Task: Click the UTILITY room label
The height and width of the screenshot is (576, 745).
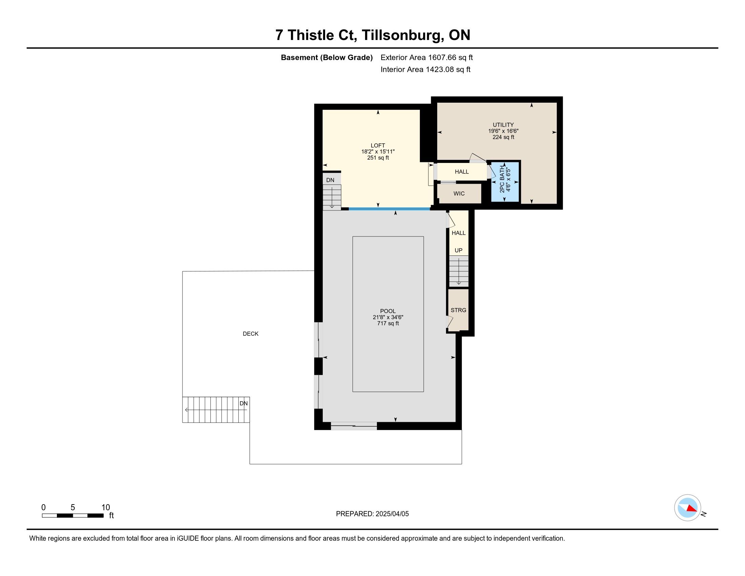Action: coord(503,125)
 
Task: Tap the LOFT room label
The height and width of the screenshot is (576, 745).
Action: coord(378,145)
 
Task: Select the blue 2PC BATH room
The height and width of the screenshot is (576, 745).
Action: coord(505,182)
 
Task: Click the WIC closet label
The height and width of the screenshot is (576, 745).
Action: coord(459,193)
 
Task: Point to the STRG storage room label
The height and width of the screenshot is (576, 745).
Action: coord(458,310)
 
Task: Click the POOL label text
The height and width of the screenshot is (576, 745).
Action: coord(388,311)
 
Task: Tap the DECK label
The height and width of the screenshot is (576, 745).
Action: coord(251,334)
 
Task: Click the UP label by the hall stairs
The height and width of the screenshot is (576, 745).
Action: coord(459,250)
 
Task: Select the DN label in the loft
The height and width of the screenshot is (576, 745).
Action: coord(330,180)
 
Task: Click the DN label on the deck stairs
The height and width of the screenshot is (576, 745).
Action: coord(243,403)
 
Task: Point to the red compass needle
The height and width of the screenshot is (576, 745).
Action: coord(691,509)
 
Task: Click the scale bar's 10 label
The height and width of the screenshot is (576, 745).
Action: coord(106,508)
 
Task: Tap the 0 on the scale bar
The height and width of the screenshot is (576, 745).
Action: coord(44,508)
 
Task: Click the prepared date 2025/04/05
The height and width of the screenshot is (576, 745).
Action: coord(392,514)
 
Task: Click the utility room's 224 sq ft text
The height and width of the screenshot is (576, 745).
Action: coord(503,137)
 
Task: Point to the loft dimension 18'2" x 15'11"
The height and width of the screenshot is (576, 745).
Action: coord(378,151)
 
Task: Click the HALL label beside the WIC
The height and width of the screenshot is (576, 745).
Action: coord(462,172)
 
